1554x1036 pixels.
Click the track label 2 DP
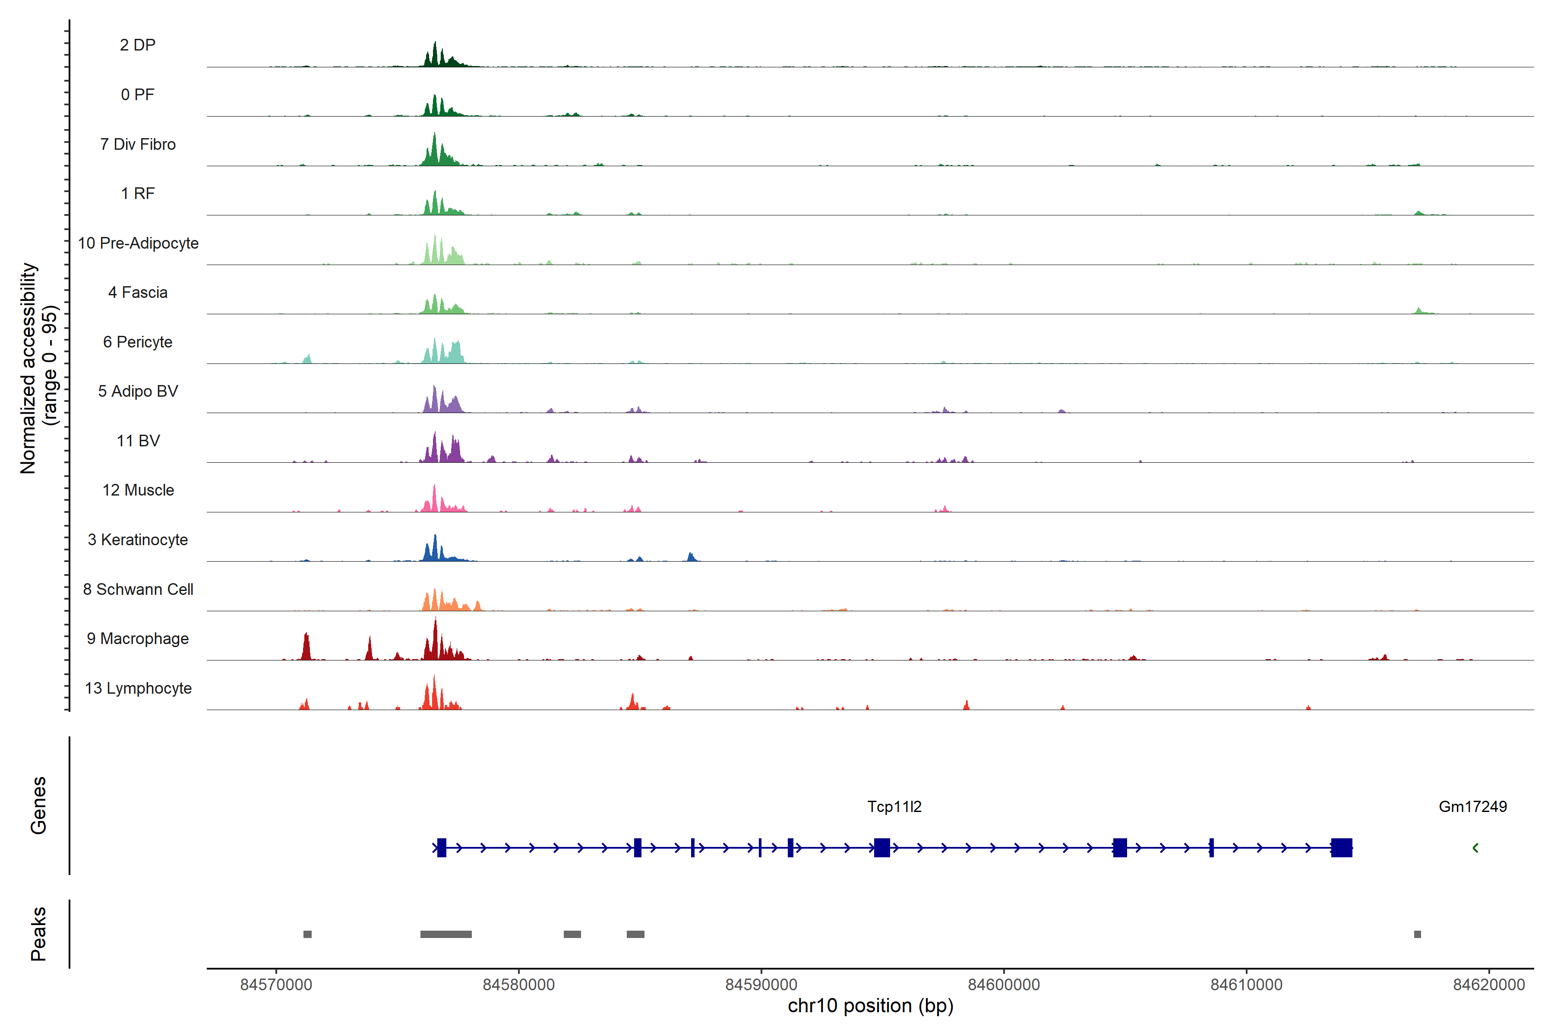[137, 45]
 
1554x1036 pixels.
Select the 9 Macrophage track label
[137, 639]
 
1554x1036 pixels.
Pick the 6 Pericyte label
[137, 342]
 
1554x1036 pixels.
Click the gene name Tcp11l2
[894, 807]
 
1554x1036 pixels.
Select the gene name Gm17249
[1472, 807]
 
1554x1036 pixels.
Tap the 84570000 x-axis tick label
[276, 985]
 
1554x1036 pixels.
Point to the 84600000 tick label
[1004, 985]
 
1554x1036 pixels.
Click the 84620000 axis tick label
[1488, 985]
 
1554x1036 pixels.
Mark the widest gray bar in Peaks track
[446, 934]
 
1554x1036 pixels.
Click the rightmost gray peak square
[1417, 934]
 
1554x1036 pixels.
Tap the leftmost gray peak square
[307, 934]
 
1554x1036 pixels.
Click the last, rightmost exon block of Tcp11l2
[1341, 848]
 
